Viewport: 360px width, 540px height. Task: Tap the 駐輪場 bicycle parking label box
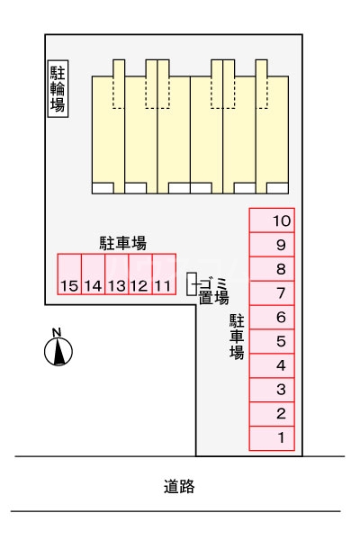(x=58, y=89)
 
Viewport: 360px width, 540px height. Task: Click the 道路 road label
(x=179, y=487)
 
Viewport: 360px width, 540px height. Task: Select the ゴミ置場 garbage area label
(x=213, y=291)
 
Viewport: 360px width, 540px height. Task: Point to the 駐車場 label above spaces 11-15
(x=123, y=243)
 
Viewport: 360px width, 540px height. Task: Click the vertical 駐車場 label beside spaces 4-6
(x=237, y=337)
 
